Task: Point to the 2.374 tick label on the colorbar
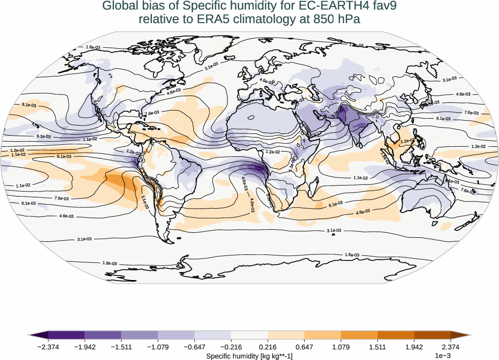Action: tap(451, 347)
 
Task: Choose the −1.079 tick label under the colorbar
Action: tap(157, 347)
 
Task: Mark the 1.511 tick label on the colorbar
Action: tap(378, 347)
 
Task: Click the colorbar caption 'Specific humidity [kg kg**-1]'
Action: tap(249, 356)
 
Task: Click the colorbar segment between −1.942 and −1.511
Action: tap(103, 335)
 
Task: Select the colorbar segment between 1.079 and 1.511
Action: tap(359, 335)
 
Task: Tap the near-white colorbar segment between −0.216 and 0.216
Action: tap(249, 335)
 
